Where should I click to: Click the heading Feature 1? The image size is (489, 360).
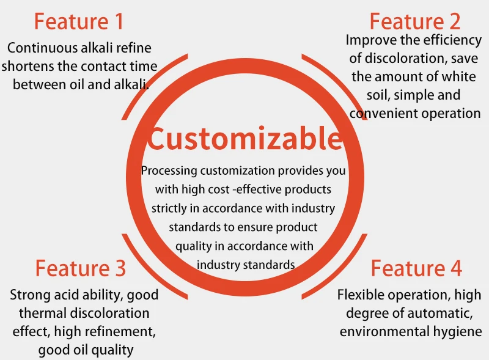(79, 21)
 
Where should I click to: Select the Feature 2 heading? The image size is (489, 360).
(415, 21)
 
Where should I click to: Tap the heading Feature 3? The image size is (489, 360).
(81, 268)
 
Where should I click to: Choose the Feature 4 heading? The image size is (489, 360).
(416, 268)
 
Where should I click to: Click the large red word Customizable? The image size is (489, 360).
(245, 138)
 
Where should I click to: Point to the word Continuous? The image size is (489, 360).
(42, 48)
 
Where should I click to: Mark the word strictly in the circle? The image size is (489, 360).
(169, 208)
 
